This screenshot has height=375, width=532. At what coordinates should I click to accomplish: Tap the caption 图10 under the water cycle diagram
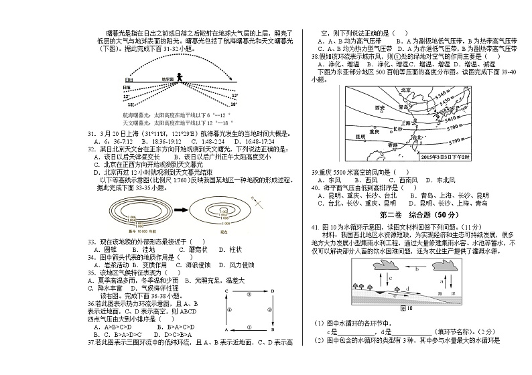406,309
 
